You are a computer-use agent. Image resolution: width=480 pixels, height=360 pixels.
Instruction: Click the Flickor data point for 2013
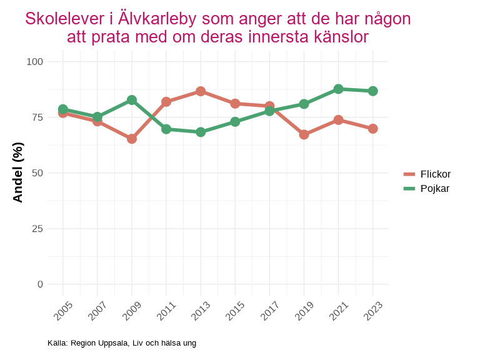[x=201, y=91]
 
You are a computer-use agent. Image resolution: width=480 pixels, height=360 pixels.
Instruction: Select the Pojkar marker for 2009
[x=132, y=100]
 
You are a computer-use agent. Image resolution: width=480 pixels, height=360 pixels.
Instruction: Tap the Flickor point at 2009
[x=132, y=139]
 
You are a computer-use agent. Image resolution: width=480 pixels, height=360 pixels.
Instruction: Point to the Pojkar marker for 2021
[x=338, y=89]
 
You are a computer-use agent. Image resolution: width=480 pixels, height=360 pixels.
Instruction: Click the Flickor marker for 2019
[x=304, y=134]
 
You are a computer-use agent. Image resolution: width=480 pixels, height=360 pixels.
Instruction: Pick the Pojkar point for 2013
[x=201, y=132]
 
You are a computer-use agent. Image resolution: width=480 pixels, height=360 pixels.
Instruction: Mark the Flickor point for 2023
[x=372, y=129]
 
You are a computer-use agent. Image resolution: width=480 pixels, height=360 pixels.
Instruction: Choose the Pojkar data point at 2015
[x=235, y=121]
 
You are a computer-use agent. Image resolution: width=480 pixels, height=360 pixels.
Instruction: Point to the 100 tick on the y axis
[x=35, y=61]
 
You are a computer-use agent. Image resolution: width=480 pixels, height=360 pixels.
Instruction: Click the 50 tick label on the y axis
[x=38, y=172]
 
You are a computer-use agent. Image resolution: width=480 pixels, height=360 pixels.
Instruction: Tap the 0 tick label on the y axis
[x=41, y=284]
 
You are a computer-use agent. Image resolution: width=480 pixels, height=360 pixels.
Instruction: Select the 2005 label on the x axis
[x=63, y=310]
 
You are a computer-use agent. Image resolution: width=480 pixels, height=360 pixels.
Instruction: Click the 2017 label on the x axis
[x=269, y=310]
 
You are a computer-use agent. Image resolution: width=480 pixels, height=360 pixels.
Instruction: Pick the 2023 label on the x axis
[x=372, y=310]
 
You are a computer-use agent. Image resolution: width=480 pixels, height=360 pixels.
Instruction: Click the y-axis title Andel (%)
[x=18, y=172]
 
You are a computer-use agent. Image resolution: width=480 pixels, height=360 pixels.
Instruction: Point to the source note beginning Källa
[x=122, y=343]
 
